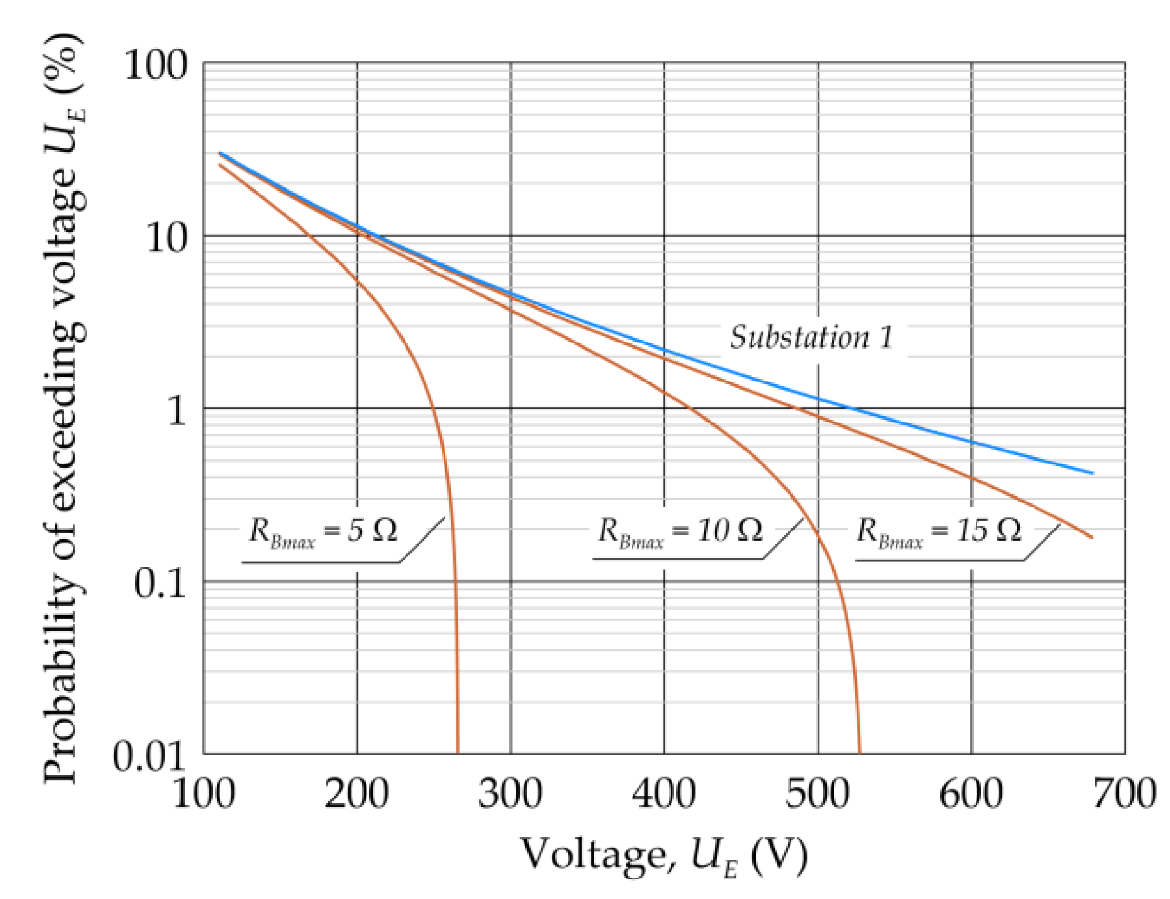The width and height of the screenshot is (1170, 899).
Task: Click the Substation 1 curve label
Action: [x=811, y=337]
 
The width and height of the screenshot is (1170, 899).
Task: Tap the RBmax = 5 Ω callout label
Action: [x=323, y=531]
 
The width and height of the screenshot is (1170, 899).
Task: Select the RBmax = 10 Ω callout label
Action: [x=680, y=531]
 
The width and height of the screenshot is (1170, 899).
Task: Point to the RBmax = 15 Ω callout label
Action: [x=938, y=531]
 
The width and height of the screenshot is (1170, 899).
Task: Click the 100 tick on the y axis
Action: [x=155, y=65]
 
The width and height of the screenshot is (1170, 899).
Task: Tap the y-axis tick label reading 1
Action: [x=176, y=410]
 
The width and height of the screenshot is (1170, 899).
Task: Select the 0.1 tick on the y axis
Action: [x=159, y=583]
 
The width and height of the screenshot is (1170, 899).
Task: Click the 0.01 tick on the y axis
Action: [x=149, y=756]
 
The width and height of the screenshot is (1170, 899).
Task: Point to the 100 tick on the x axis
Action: [x=204, y=794]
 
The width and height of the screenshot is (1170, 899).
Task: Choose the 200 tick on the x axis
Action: [x=357, y=794]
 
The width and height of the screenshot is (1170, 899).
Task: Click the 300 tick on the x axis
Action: [x=511, y=794]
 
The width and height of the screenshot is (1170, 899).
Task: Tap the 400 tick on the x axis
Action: [x=664, y=794]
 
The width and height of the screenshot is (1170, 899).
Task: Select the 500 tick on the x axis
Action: [x=818, y=794]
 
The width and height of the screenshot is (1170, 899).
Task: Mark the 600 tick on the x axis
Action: [x=971, y=794]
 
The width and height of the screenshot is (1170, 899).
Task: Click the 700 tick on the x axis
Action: [x=1124, y=794]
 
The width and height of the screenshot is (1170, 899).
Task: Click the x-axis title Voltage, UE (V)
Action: [x=663, y=855]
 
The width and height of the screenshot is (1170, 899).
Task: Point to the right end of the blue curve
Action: [x=1093, y=473]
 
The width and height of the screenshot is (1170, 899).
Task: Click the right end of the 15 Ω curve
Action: [x=1092, y=537]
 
